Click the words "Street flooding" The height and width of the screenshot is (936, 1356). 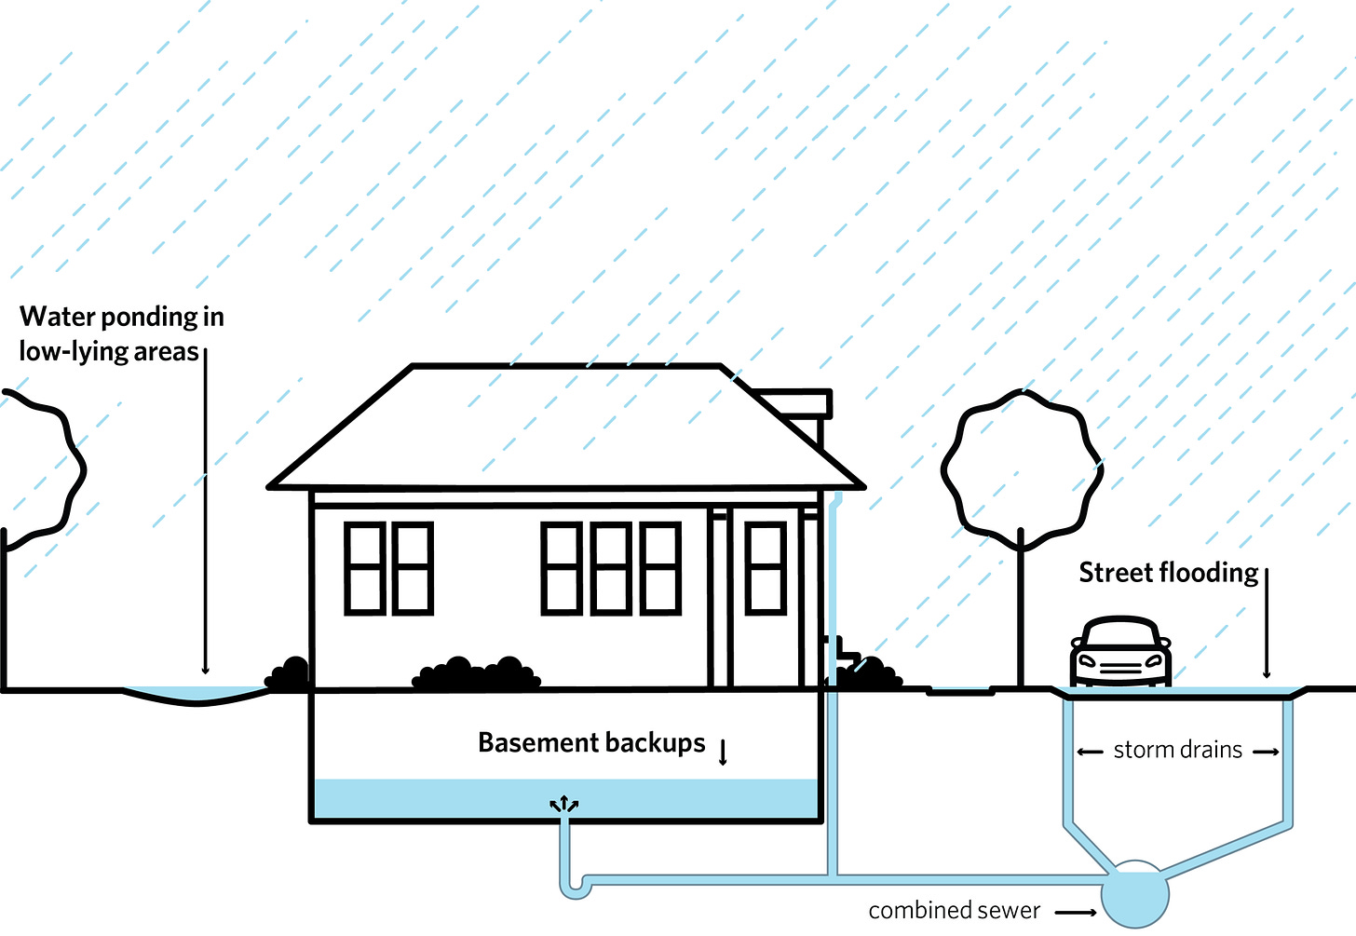(1168, 573)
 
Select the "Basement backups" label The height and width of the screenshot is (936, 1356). (591, 743)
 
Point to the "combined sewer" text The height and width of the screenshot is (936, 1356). (954, 911)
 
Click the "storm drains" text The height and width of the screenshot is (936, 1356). (1177, 751)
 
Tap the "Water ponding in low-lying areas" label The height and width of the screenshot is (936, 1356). (121, 333)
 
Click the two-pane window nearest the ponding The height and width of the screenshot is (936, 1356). (388, 568)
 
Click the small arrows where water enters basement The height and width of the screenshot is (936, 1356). (563, 804)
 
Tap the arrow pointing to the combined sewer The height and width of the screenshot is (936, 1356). (1075, 913)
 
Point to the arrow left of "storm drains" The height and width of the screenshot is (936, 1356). (1090, 752)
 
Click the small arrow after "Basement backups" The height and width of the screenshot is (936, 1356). (723, 752)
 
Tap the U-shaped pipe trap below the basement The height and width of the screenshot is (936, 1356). (574, 886)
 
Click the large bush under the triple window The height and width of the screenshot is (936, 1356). (477, 674)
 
